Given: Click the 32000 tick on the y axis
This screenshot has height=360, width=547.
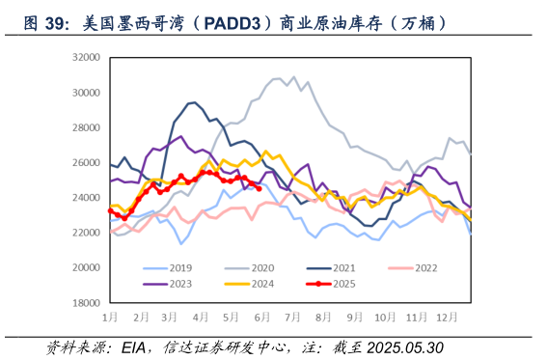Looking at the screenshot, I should (86, 59).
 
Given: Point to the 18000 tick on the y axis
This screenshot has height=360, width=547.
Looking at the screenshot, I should (86, 302).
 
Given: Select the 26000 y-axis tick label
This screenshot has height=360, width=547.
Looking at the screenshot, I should (86, 163).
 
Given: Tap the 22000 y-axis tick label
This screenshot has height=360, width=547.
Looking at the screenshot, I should (86, 233).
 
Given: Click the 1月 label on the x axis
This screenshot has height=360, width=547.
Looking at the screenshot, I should (111, 317).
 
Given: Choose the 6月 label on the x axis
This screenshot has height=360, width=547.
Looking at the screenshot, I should (261, 317).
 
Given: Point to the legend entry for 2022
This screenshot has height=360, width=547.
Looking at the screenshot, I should (434, 267).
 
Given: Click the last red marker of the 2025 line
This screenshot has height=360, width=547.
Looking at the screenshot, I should (259, 188).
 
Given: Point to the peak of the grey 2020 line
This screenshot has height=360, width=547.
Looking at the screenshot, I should (293, 77).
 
